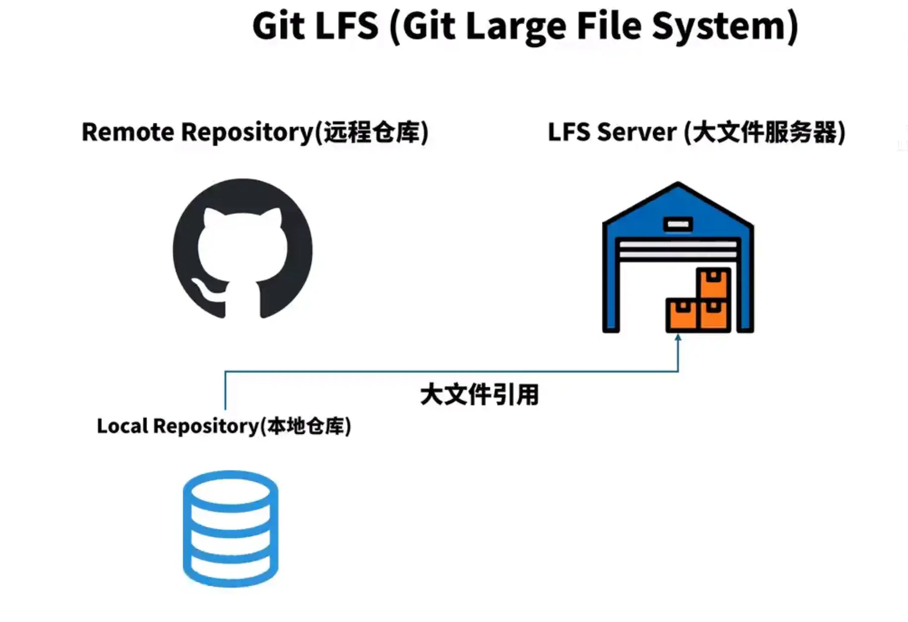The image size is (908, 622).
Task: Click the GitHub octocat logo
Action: tap(243, 249)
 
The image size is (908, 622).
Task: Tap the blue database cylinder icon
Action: tap(230, 528)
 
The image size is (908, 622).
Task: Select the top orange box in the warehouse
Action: tap(713, 283)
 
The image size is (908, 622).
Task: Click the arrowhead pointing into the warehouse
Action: tap(678, 338)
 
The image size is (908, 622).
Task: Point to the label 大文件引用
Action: tap(479, 395)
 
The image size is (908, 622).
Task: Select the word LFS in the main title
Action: tap(347, 26)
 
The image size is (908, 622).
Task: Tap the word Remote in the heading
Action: tap(128, 132)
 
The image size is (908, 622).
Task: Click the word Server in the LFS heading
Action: tap(637, 132)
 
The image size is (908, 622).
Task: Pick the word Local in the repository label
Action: tap(122, 426)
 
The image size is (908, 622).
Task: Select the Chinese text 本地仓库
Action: tap(305, 426)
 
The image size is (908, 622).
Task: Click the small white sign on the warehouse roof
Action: tap(678, 224)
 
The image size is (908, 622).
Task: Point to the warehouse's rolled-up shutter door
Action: tap(678, 250)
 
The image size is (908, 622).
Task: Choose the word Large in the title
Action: tap(516, 26)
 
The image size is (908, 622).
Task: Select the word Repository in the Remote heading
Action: tap(247, 132)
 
